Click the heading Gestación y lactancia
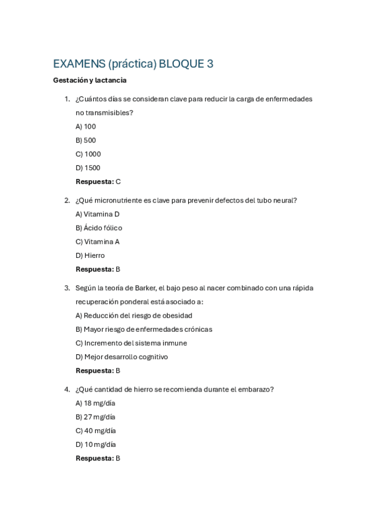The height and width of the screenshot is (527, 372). tap(89, 80)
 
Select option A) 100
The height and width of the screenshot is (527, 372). tap(86, 127)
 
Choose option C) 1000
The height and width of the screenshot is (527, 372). tap(88, 154)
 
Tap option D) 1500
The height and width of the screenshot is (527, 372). tap(88, 168)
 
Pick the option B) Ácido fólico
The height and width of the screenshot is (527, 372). tap(99, 228)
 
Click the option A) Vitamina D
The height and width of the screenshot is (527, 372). tap(98, 214)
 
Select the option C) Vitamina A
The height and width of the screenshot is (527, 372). tap(98, 242)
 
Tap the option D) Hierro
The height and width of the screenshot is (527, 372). tap(90, 255)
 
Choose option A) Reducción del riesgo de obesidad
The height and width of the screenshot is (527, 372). tap(134, 316)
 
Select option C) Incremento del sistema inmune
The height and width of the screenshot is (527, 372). tap(131, 343)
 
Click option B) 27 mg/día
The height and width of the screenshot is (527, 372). tap(95, 417)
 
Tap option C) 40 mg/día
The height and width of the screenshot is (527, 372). tap(96, 431)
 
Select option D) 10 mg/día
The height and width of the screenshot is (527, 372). tap(96, 444)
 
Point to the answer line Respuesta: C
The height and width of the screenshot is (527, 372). tap(98, 181)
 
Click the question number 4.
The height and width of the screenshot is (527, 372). tap(66, 390)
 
